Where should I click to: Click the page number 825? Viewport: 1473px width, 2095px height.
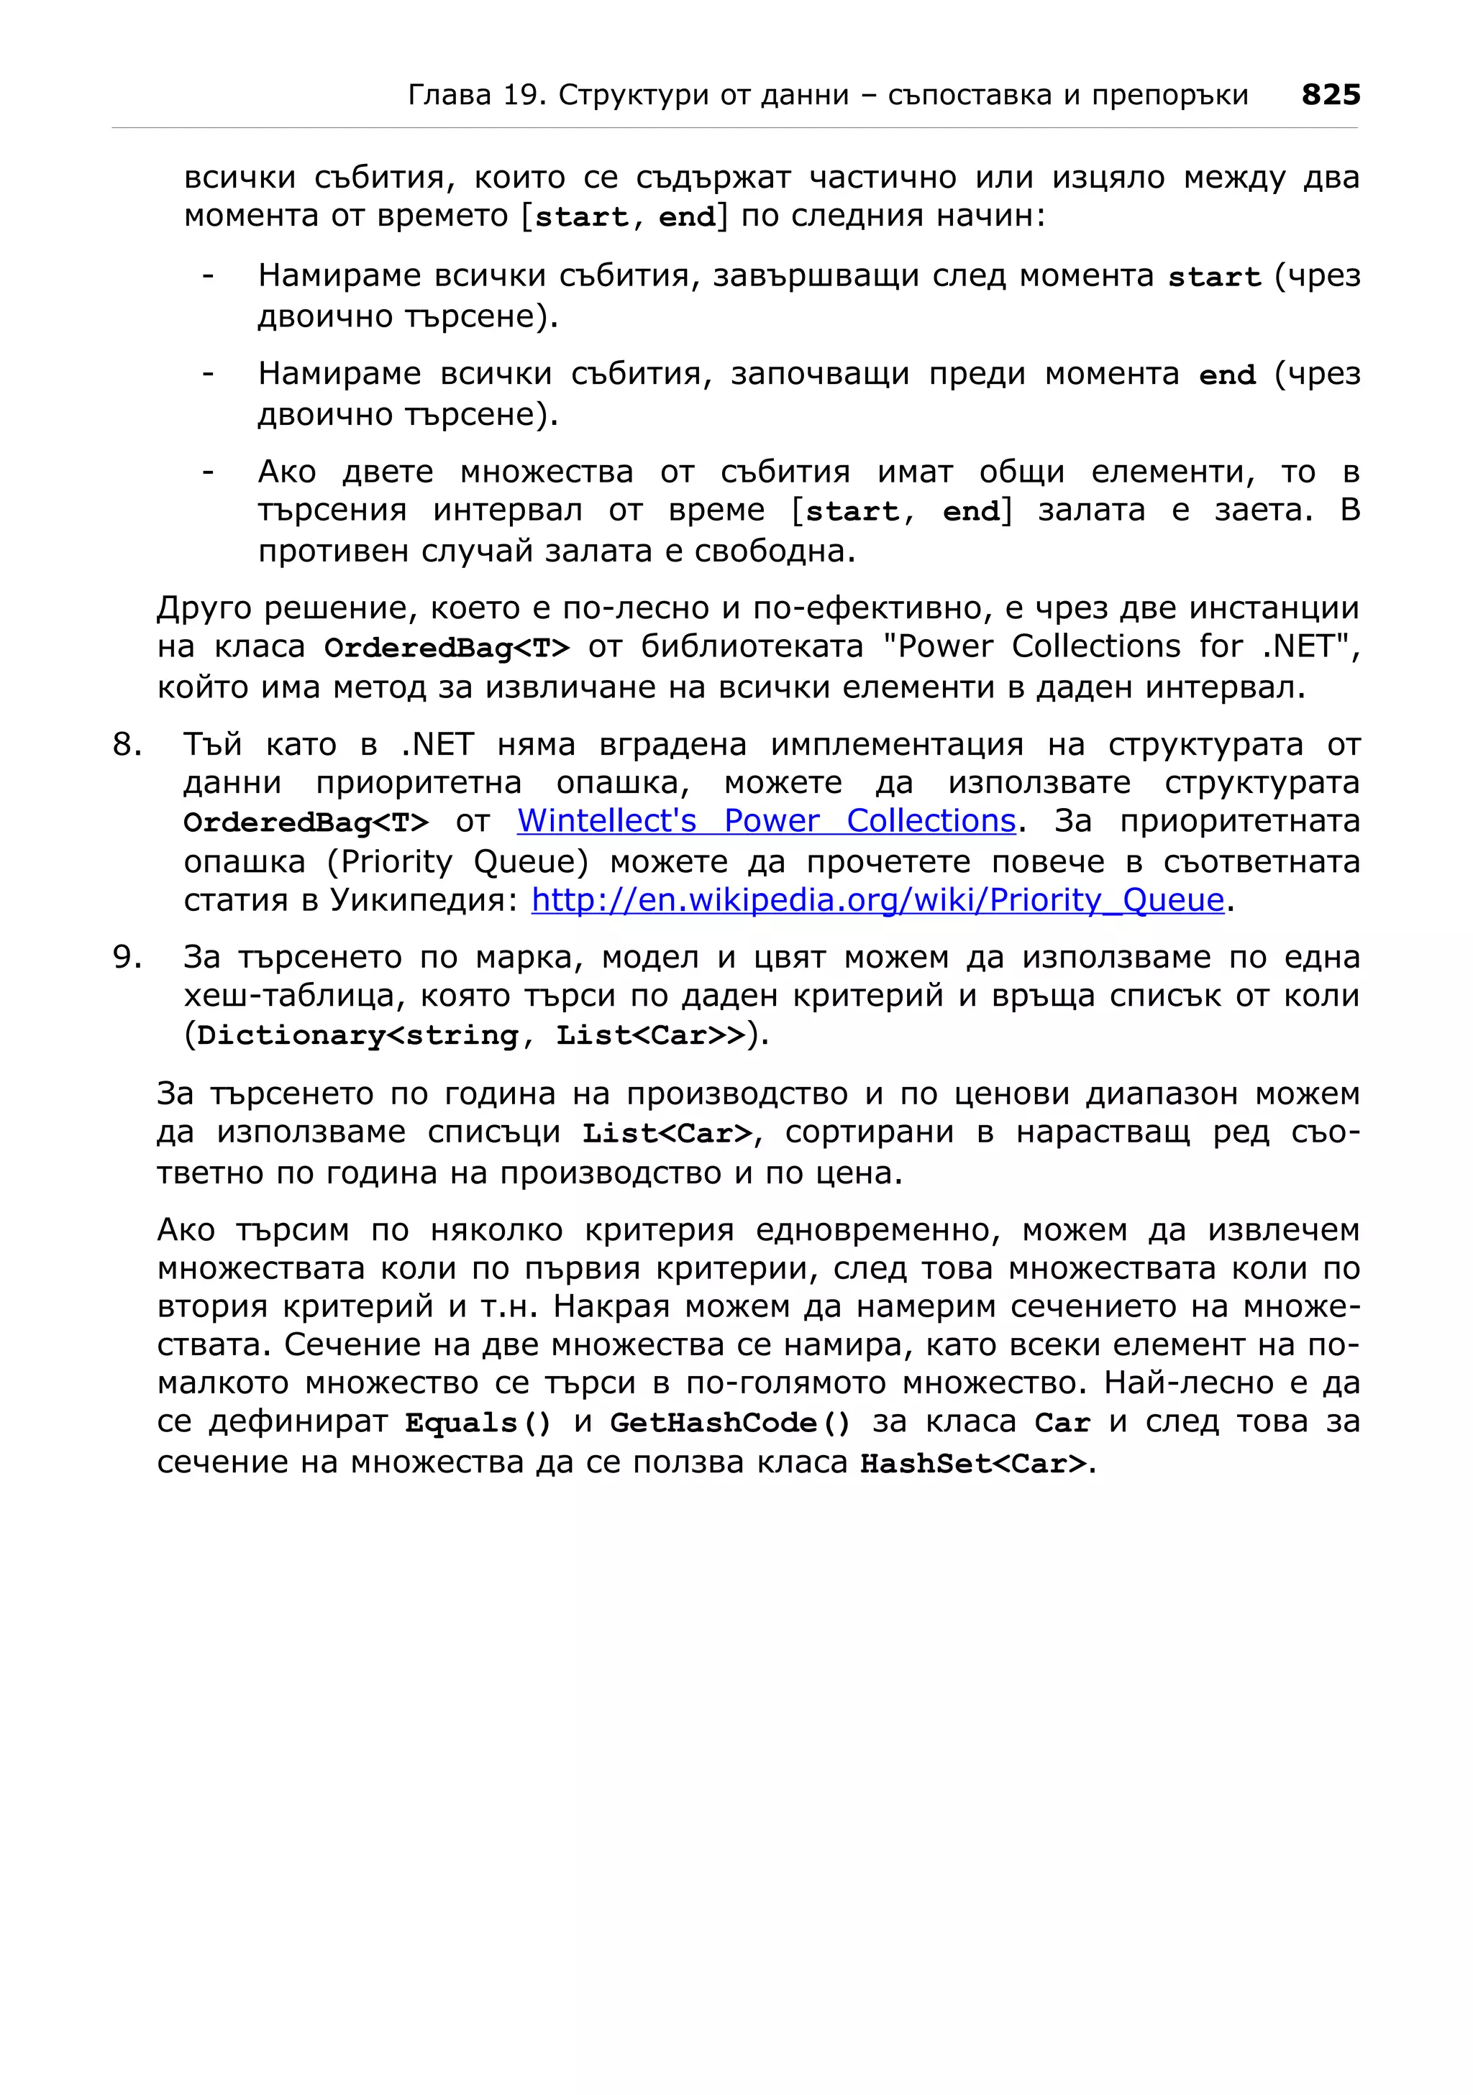[x=1330, y=94]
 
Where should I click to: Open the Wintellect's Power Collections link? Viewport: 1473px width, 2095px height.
[x=766, y=821]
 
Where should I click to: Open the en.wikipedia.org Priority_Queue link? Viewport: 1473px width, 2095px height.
[x=877, y=901]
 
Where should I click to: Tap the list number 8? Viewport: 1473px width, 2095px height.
[x=127, y=745]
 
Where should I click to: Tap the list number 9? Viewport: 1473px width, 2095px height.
[x=127, y=957]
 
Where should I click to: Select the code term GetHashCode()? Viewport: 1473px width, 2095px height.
[x=729, y=1424]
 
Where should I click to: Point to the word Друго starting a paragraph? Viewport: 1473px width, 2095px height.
[x=204, y=608]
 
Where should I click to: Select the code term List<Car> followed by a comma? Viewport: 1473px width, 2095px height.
[x=668, y=1133]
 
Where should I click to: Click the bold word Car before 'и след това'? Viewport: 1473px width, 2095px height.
[x=1062, y=1424]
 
